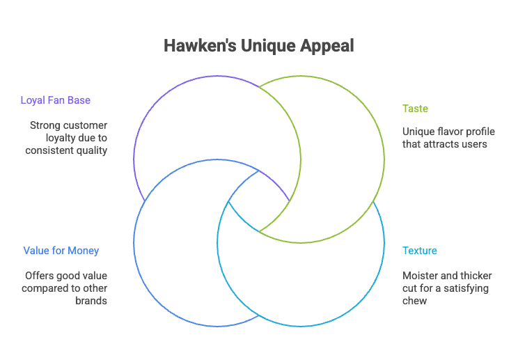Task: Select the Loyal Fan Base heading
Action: click(56, 100)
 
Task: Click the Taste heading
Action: click(415, 109)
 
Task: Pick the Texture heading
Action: click(420, 251)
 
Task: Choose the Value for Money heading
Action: click(61, 251)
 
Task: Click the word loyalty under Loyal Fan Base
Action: click(55, 138)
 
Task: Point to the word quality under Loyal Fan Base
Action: click(92, 150)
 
